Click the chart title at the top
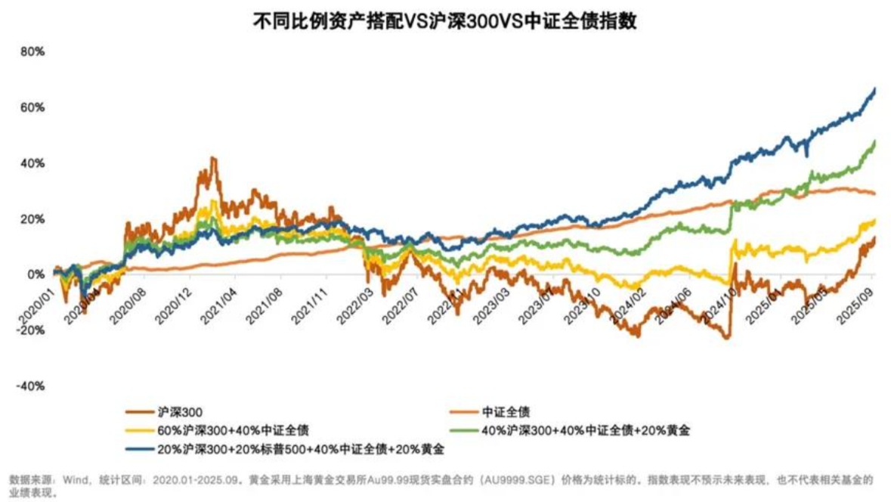(444, 21)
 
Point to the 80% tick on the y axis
(32, 52)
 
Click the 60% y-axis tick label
(32, 108)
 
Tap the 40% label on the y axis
(32, 163)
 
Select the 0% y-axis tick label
(36, 274)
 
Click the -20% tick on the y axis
(31, 330)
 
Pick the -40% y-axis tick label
(31, 386)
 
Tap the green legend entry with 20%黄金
(586, 431)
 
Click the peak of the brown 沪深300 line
(213, 158)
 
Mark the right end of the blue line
(875, 88)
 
